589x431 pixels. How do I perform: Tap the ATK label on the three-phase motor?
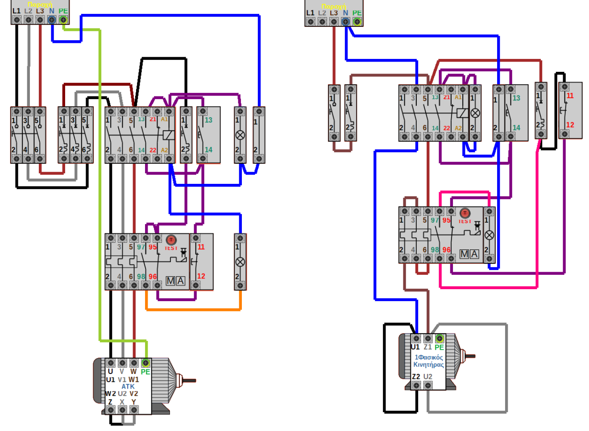coord(128,386)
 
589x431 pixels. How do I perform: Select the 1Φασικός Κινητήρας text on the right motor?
coord(428,361)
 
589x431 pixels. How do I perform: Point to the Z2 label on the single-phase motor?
coord(416,377)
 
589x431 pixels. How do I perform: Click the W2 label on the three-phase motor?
coord(110,394)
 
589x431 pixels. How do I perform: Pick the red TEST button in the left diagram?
coord(171,240)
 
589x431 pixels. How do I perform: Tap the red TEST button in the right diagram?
coord(465,213)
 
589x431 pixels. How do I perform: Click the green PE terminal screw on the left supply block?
coord(63,20)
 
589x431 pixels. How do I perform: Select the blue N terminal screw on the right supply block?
coord(345,21)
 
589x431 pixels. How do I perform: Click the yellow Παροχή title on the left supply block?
coord(40,4)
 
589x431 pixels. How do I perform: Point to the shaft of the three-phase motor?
coord(188,381)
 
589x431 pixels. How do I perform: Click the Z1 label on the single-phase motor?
coord(427,347)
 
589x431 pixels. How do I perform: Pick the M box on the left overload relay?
coord(170,281)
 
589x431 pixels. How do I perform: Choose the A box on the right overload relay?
coord(474,254)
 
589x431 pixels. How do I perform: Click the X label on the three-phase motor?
coord(122,402)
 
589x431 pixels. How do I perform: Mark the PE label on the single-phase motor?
coord(439,347)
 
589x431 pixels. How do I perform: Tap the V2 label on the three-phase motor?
coord(133,394)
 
